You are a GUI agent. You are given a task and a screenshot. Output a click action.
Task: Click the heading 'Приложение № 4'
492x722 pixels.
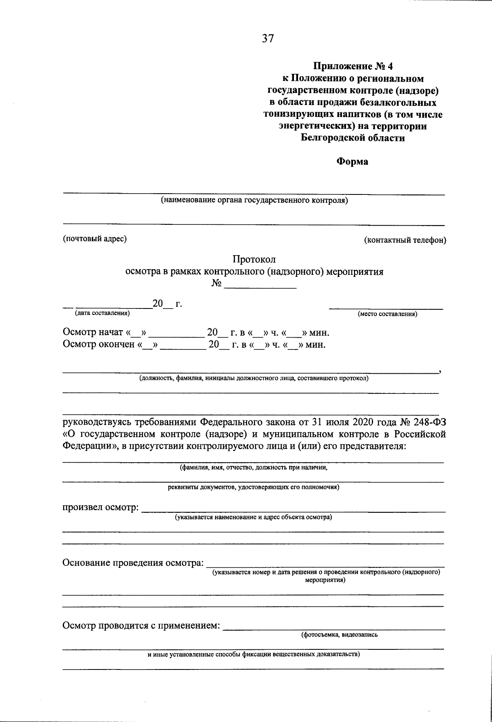click(x=353, y=66)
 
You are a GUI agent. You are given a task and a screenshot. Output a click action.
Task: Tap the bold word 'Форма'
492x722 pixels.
click(x=352, y=162)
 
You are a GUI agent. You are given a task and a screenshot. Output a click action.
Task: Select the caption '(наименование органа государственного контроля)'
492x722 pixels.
click(x=254, y=201)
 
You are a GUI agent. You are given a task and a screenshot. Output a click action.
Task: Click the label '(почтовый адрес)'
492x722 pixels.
click(x=94, y=239)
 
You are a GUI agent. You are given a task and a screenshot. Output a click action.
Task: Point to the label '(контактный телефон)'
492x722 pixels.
click(x=405, y=240)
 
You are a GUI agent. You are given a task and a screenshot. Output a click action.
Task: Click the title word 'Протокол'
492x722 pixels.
click(x=254, y=259)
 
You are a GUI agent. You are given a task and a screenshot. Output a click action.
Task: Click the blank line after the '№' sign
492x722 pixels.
click(x=260, y=286)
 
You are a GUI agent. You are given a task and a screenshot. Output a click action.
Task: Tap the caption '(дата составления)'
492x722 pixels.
click(x=102, y=313)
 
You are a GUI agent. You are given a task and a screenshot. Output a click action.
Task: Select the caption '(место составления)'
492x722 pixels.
click(x=387, y=314)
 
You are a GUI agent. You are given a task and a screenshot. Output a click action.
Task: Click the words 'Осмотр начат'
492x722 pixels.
click(x=93, y=332)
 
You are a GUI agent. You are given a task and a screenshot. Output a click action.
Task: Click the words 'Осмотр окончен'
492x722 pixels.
click(x=99, y=344)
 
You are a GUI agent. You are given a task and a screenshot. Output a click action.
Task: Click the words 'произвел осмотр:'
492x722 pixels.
click(x=100, y=508)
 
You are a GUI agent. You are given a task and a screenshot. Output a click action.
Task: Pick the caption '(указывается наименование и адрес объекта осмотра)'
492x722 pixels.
click(x=253, y=517)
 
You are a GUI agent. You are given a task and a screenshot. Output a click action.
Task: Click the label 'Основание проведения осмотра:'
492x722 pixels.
click(x=133, y=562)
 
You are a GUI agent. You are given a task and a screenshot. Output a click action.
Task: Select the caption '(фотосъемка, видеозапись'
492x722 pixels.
click(x=339, y=635)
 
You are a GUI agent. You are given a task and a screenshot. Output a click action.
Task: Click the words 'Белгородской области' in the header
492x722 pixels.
click(x=353, y=138)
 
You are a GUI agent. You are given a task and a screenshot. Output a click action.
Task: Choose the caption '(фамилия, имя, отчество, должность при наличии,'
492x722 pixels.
click(x=253, y=467)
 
